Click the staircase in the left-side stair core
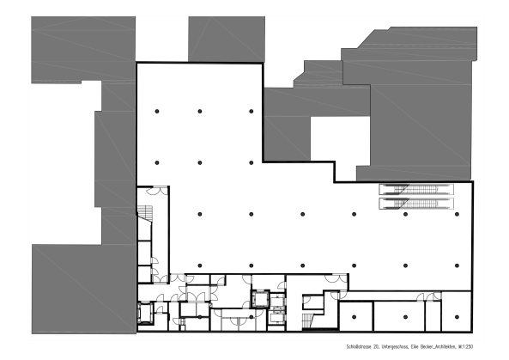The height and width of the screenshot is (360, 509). [146, 215]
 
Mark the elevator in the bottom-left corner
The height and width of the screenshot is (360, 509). [146, 314]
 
